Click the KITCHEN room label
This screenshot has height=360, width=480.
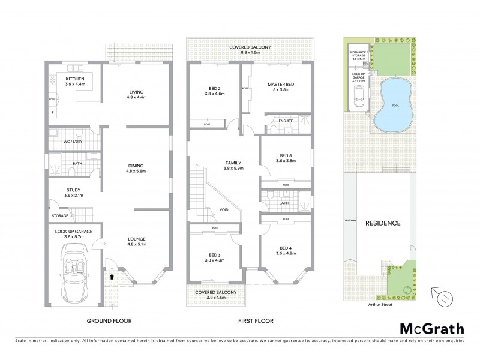pyautogui.click(x=75, y=79)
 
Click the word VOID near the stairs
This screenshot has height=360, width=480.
pyautogui.click(x=224, y=210)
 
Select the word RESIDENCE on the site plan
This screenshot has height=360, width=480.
pyautogui.click(x=383, y=223)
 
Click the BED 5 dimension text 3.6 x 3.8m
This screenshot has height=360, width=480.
pyautogui.click(x=286, y=160)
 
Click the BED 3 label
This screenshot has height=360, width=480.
pyautogui.click(x=214, y=256)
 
